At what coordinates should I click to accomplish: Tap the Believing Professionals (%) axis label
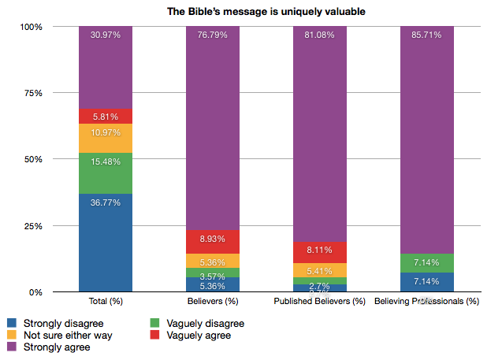(x=426, y=301)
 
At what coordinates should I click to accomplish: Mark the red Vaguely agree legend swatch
(x=154, y=335)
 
